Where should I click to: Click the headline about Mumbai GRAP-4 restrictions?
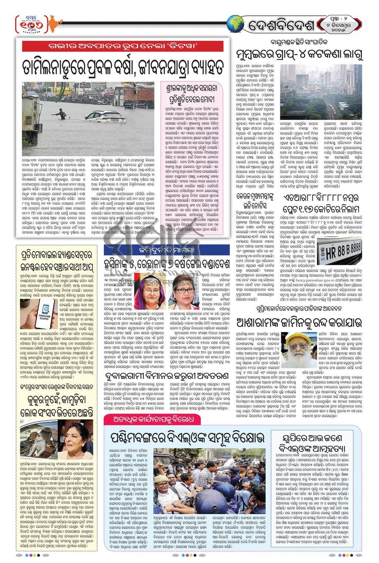pyautogui.click(x=299, y=55)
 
